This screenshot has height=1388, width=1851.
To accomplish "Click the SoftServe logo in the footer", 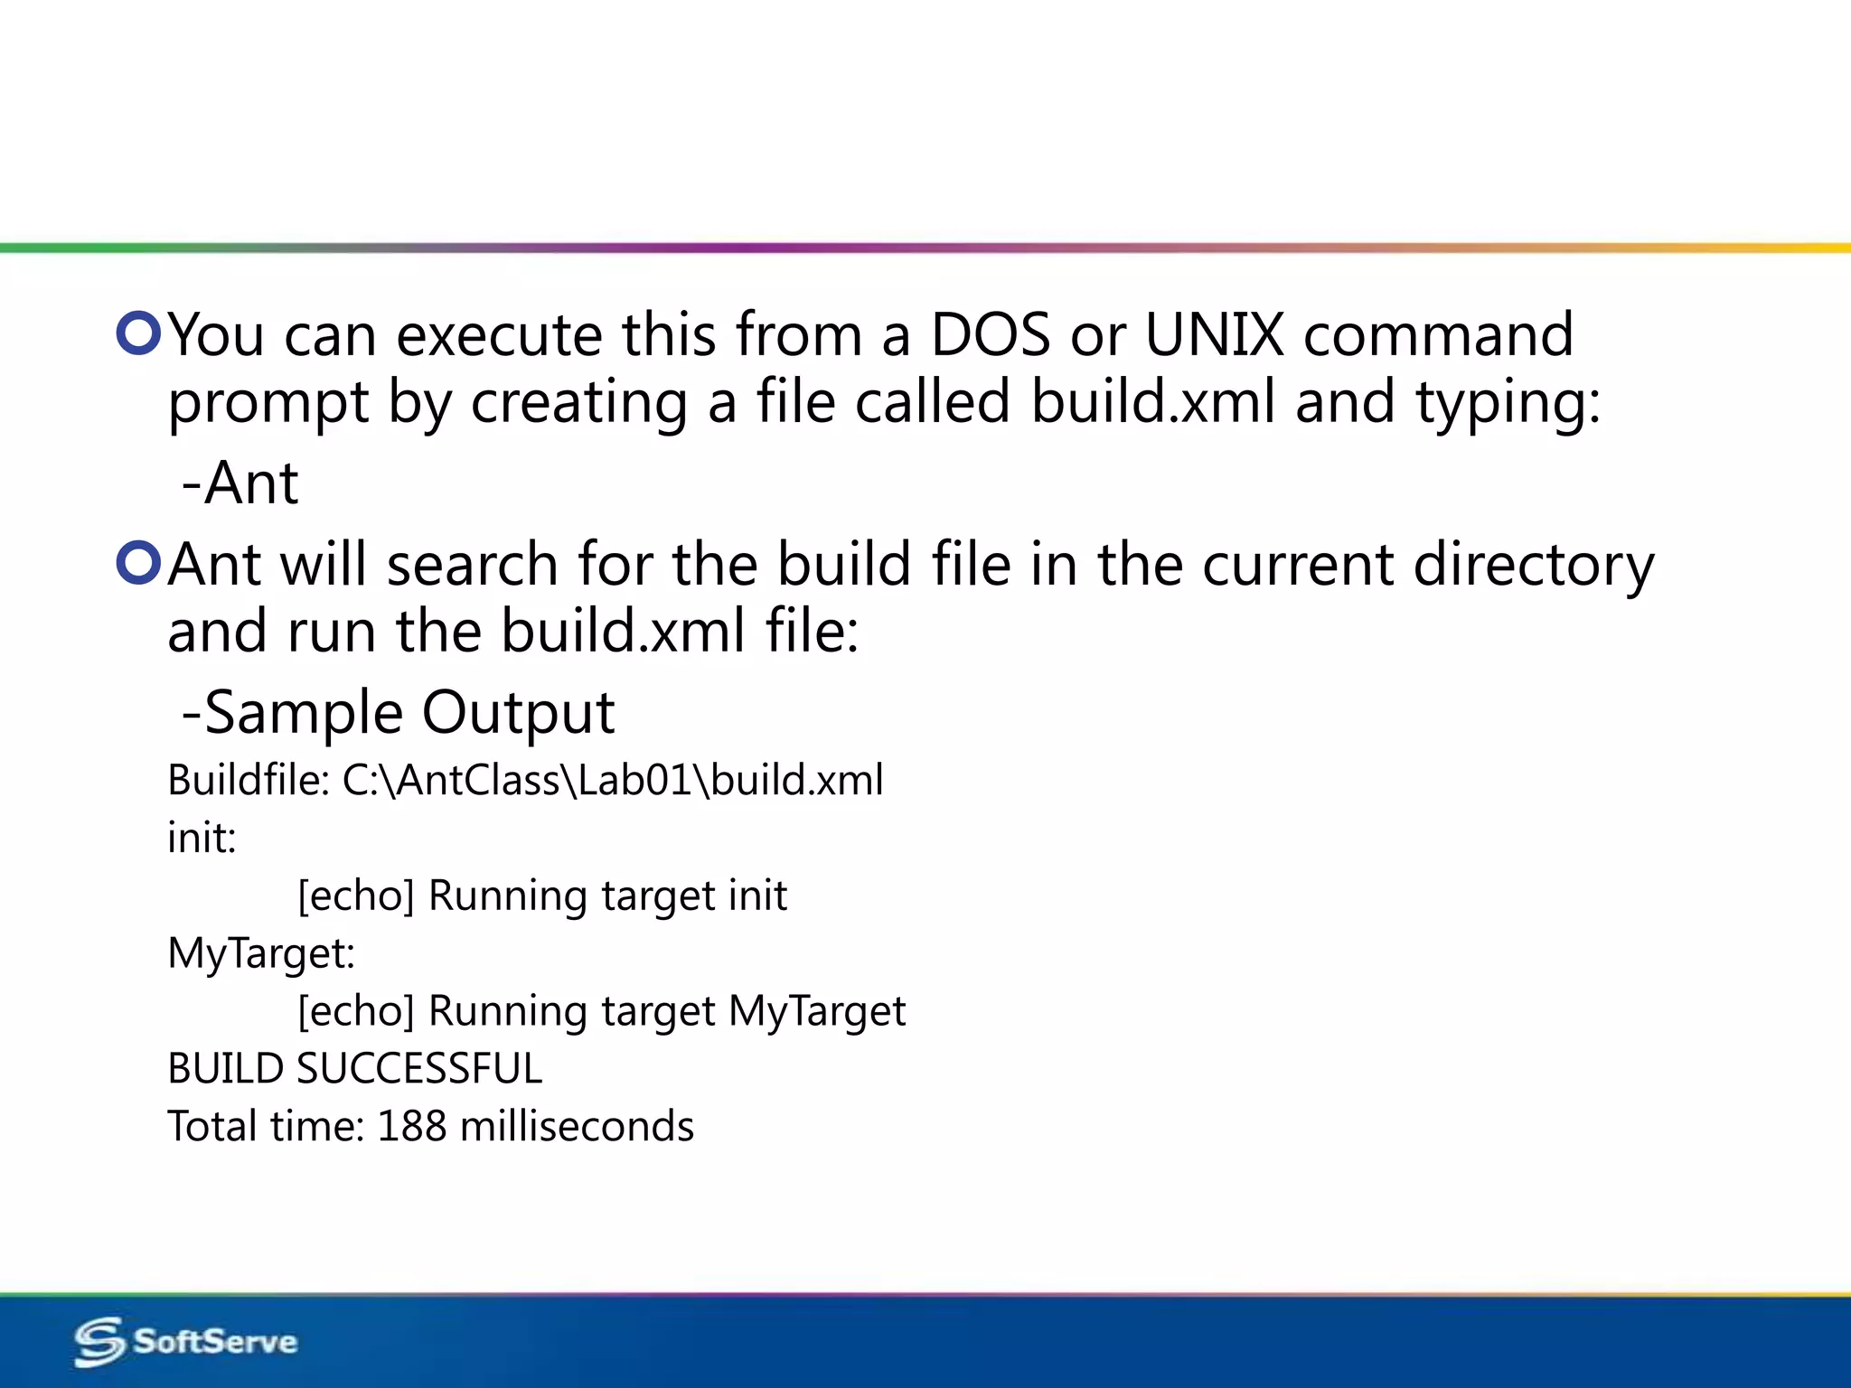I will click(x=186, y=1341).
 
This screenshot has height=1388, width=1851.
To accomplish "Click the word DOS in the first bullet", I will click(x=991, y=335).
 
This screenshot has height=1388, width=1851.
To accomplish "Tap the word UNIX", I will click(x=1214, y=335).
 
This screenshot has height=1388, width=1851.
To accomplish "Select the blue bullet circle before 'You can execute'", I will click(x=138, y=333).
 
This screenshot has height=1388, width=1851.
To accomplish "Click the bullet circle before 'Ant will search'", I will click(x=138, y=562).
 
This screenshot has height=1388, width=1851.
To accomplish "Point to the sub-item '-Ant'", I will click(x=240, y=483).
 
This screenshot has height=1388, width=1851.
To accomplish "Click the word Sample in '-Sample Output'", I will click(x=304, y=713).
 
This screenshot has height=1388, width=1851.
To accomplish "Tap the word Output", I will click(x=519, y=713).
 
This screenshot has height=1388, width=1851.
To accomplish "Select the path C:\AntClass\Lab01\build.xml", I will click(x=613, y=780).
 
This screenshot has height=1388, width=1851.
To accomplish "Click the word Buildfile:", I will click(x=249, y=780).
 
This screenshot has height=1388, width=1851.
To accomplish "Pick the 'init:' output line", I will click(x=202, y=838).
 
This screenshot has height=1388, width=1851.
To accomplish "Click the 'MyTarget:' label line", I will click(x=261, y=953).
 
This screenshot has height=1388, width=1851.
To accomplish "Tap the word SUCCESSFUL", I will click(x=419, y=1069).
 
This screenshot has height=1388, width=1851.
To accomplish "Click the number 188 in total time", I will click(x=411, y=1127).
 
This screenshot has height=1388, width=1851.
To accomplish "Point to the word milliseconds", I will click(x=577, y=1127).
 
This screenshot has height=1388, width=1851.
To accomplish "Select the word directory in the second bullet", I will click(x=1534, y=566).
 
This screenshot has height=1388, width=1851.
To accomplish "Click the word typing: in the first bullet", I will click(x=1508, y=403).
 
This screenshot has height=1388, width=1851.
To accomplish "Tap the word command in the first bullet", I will click(x=1438, y=335).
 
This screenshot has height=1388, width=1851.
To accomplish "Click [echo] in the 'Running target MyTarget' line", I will click(x=356, y=1011).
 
